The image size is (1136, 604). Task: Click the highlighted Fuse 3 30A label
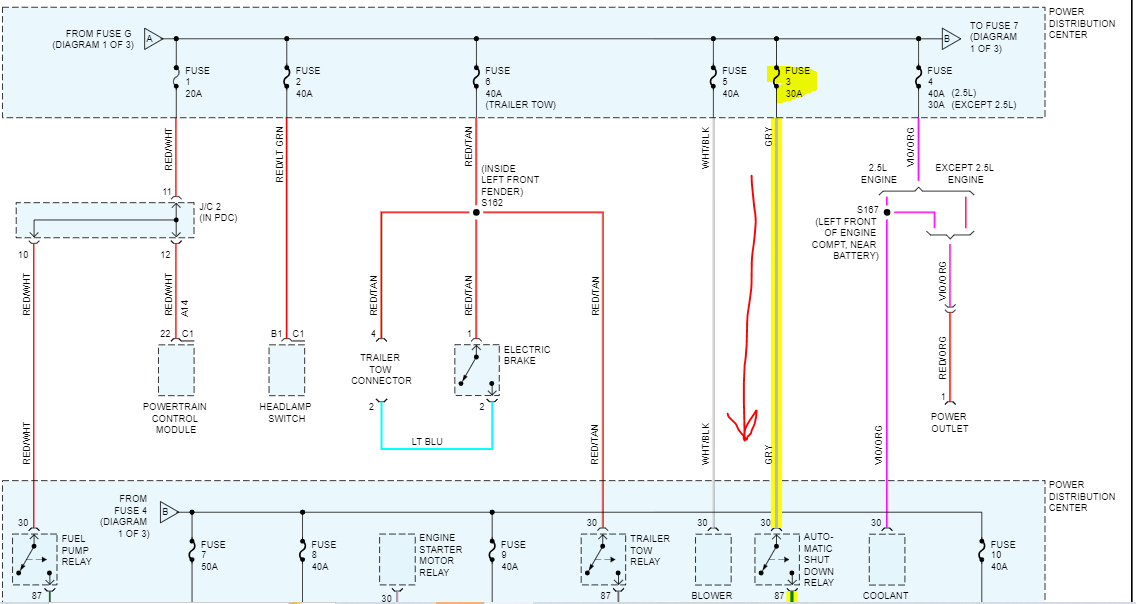[x=796, y=82]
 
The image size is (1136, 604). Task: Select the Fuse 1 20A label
[x=197, y=82]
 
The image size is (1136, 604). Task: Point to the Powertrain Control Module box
[x=175, y=370]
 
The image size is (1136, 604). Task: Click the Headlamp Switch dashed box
[x=287, y=370]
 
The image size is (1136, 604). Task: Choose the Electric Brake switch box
[x=476, y=370]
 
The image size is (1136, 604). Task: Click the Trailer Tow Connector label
[x=379, y=368]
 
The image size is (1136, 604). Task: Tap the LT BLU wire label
[x=427, y=441]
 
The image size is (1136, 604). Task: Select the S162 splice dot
[x=476, y=212]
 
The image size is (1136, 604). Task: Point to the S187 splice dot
[x=886, y=212]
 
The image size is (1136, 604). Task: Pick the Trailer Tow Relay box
[x=602, y=559]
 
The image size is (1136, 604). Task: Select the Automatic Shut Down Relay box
[x=776, y=559]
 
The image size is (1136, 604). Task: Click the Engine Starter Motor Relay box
[x=396, y=559]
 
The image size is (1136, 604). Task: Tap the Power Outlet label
[x=949, y=422]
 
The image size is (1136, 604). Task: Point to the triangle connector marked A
[x=153, y=39]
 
